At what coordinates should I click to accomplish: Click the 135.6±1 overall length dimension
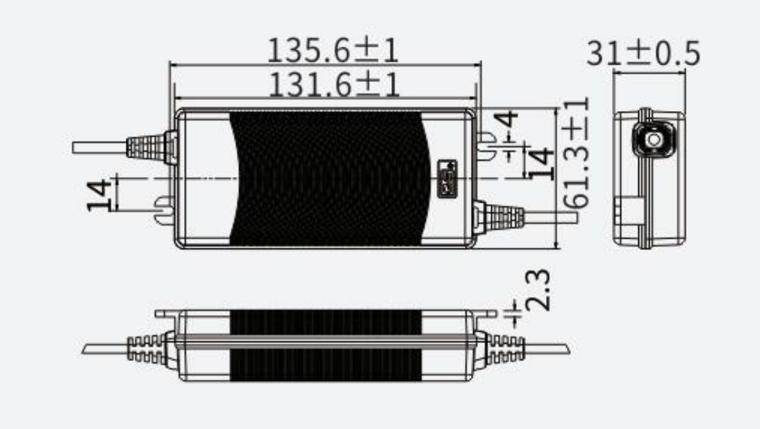[333, 51]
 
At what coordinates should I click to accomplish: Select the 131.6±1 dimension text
[333, 85]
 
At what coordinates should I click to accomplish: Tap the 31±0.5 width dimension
[643, 53]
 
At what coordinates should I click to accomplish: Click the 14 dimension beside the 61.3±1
[541, 164]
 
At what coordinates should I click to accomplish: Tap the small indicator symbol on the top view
[447, 177]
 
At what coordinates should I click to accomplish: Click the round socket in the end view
[653, 140]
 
